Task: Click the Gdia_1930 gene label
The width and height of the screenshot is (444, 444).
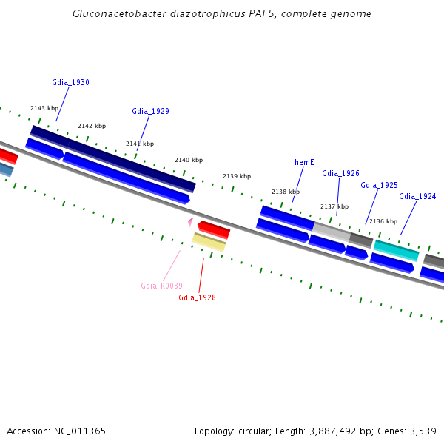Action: (70, 82)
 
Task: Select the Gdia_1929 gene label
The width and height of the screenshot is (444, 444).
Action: (150, 111)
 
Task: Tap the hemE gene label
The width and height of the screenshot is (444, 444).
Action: (304, 162)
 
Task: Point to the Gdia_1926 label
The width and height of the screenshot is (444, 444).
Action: (340, 173)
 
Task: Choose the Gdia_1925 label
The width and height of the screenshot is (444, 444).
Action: (379, 185)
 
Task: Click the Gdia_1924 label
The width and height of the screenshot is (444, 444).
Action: (417, 196)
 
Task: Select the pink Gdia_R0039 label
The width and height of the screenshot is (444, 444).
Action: (161, 286)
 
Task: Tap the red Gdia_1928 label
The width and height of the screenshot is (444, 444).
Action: (197, 297)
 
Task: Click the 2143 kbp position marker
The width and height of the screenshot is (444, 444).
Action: (44, 108)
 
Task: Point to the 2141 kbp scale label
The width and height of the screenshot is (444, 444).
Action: (140, 144)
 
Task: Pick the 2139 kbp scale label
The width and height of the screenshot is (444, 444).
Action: (237, 176)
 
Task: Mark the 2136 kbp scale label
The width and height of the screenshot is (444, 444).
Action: (383, 221)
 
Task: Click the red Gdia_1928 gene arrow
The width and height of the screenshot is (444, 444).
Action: (214, 229)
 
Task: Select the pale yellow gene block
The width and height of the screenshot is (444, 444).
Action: (209, 242)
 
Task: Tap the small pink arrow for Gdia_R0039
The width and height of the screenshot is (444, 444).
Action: (190, 221)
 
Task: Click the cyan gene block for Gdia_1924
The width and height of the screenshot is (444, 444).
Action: (397, 250)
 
